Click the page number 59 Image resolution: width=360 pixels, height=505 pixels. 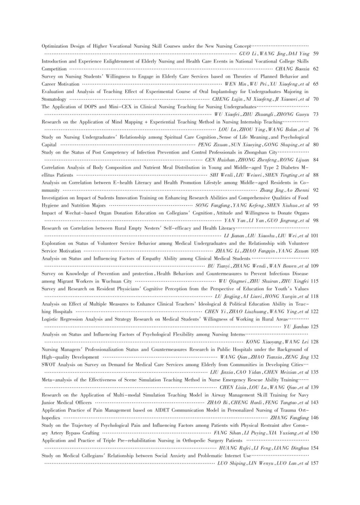(316, 54)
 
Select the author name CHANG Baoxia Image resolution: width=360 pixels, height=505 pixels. (292, 69)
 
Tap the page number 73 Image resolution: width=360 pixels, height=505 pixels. (316, 114)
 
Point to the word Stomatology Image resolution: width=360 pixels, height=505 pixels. (54, 99)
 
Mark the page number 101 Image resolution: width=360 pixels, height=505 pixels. (315, 235)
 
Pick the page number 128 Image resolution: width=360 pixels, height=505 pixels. (315, 342)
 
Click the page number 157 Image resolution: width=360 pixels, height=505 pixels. (315, 463)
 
